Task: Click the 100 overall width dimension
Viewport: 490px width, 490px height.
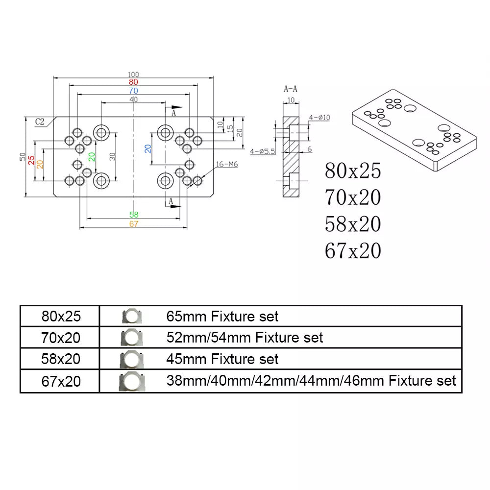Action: click(x=133, y=74)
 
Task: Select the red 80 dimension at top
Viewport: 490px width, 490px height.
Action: click(x=133, y=82)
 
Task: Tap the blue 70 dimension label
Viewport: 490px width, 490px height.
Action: click(x=133, y=91)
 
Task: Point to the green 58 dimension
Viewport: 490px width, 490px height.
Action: click(x=134, y=215)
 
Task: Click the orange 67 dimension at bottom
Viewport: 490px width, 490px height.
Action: click(x=134, y=224)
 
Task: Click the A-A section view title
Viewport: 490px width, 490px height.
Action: click(x=290, y=89)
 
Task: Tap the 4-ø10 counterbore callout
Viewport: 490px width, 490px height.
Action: click(x=320, y=117)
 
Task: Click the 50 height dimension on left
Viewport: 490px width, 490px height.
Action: click(x=23, y=156)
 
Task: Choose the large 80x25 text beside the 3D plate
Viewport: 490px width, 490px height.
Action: click(x=352, y=171)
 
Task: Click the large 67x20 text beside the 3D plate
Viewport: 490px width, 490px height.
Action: click(x=352, y=250)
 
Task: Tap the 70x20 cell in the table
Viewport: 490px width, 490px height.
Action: click(x=61, y=337)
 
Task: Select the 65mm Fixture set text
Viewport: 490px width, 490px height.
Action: click(x=222, y=316)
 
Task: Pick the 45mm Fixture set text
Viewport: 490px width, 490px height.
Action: click(x=222, y=359)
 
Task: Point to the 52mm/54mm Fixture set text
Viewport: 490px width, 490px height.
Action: click(x=245, y=337)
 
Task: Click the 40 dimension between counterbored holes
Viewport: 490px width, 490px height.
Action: click(x=133, y=99)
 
